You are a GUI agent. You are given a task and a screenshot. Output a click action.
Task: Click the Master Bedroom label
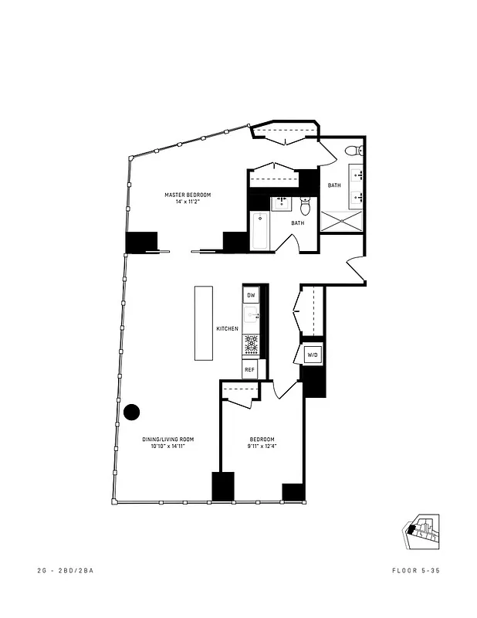(x=188, y=195)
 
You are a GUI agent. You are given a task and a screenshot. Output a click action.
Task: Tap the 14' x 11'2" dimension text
(x=188, y=203)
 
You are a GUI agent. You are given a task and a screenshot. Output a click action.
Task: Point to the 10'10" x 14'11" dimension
(x=164, y=447)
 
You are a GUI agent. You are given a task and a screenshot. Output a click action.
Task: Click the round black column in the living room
(x=132, y=413)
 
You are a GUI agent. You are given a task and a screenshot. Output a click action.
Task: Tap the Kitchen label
(x=227, y=329)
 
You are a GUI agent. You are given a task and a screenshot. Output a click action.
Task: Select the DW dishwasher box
(x=251, y=295)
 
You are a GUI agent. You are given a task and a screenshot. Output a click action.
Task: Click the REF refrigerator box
(x=249, y=370)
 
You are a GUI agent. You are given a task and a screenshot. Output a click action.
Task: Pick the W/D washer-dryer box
(x=313, y=355)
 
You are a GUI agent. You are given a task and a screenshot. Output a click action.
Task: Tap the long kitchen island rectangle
(x=203, y=323)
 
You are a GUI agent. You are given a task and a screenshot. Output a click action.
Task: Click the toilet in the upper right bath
(x=351, y=151)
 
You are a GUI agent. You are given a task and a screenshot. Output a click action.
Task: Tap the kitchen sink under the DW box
(x=252, y=316)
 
